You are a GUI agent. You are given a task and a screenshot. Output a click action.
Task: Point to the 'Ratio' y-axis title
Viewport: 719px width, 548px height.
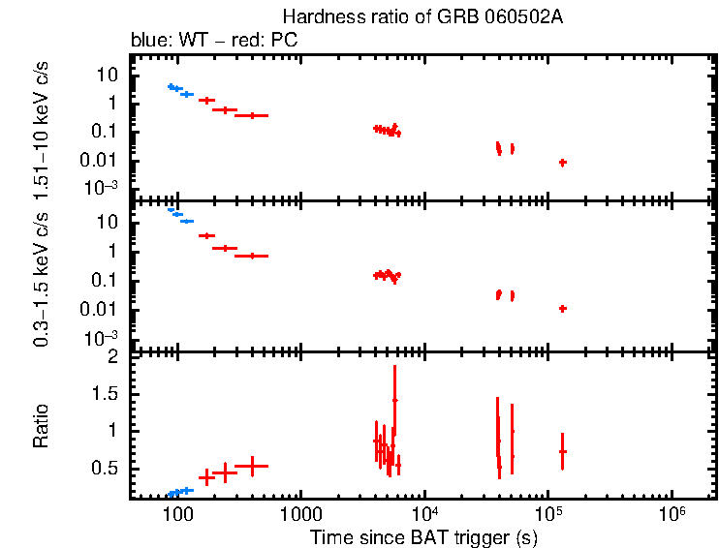[x=41, y=425]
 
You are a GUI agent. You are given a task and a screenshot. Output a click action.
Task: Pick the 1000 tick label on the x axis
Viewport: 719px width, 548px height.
[x=300, y=513]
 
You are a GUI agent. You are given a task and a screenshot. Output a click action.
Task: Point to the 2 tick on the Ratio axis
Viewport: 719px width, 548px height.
[x=113, y=357]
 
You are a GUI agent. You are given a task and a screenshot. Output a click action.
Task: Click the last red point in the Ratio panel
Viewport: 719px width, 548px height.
[x=562, y=451]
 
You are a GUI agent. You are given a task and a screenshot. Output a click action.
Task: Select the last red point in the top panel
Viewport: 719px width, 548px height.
[x=562, y=163]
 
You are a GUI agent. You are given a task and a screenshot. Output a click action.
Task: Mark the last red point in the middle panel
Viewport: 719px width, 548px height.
[x=562, y=308]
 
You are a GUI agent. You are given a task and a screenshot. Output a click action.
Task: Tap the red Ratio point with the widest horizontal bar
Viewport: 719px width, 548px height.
[x=252, y=466]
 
